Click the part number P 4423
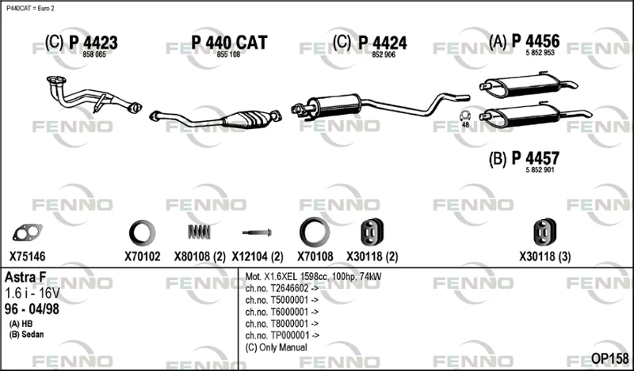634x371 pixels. coord(93,43)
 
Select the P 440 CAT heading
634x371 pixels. coord(229,43)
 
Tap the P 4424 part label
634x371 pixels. coord(383,43)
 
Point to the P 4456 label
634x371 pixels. coord(536,41)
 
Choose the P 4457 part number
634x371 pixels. coord(536,158)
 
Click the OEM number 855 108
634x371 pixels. coord(228,55)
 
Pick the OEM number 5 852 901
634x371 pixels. coord(540,170)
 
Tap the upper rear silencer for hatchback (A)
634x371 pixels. coord(528,85)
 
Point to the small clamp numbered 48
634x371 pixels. coord(465,116)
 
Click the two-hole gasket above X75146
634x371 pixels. coord(27,232)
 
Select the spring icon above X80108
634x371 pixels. coord(199,232)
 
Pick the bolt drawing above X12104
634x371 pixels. coord(257,233)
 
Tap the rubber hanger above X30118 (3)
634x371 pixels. coord(544,232)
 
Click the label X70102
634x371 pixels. coord(143,256)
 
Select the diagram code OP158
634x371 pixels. coord(609,358)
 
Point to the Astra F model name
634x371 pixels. coord(25,278)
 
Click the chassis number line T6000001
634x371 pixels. coord(282,312)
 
